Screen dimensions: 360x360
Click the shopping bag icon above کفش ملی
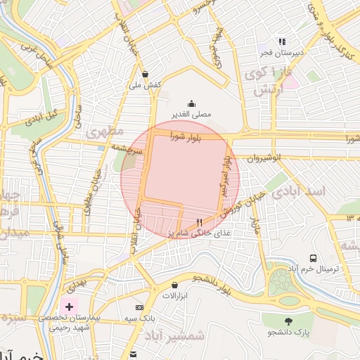pos(146,74)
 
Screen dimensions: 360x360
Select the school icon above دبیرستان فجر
pos(282,41)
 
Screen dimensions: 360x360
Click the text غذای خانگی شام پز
pos(192,233)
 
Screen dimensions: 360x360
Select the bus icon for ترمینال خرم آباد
pos(313,258)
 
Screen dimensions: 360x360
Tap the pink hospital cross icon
pos(69,307)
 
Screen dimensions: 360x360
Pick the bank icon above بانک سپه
pos(139,307)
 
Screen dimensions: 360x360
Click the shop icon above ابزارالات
pos(174,285)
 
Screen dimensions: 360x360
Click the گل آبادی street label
pos(43,117)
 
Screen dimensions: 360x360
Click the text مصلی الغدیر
pos(191,114)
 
